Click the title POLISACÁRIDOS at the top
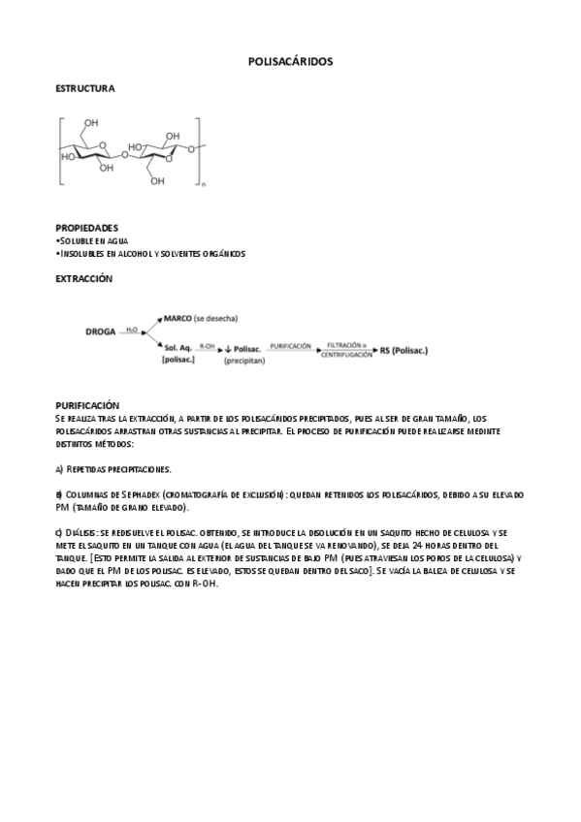(x=291, y=61)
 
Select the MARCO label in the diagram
(x=178, y=318)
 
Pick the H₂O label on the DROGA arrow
(x=131, y=331)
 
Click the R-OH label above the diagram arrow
(x=207, y=344)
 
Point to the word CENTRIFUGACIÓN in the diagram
(x=347, y=356)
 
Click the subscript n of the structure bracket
(x=203, y=184)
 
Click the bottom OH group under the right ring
(x=156, y=180)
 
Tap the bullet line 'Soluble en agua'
(x=93, y=240)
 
